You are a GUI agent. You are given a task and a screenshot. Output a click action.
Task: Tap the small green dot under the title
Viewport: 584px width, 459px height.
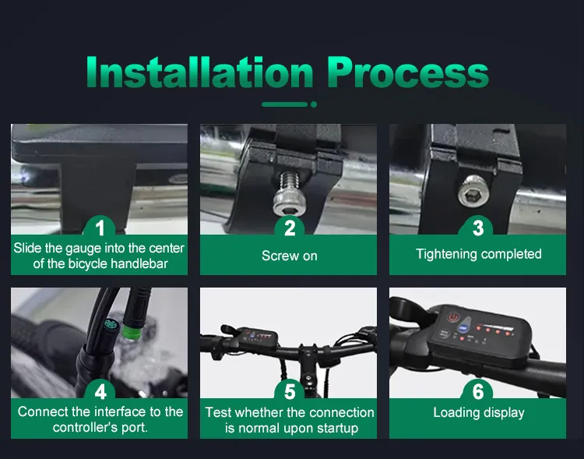tap(313, 104)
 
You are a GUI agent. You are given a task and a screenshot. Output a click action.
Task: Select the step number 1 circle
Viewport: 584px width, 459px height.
tap(100, 228)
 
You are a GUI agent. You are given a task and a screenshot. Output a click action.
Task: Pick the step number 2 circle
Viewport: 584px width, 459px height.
tap(290, 228)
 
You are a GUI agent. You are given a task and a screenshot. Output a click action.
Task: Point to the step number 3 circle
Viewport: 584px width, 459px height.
tap(478, 228)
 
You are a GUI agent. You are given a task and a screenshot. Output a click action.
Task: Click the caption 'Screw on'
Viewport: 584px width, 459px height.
tap(290, 256)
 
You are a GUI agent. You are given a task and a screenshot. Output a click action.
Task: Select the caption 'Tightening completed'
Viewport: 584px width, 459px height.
tap(478, 254)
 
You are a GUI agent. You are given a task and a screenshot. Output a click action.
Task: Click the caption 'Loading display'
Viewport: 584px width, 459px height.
tap(478, 412)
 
